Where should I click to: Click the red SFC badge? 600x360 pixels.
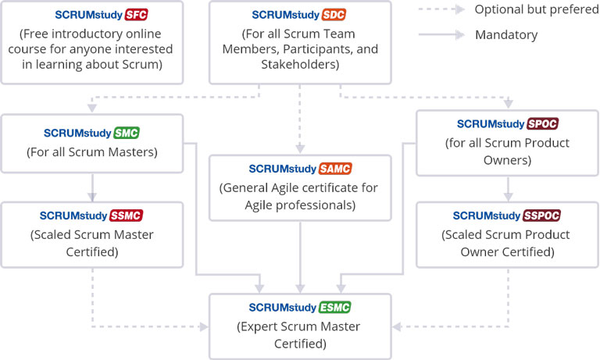tap(137, 15)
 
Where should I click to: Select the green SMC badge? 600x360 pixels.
tap(127, 132)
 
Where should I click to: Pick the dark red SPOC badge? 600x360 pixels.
tap(543, 124)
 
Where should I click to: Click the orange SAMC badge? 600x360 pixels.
tap(336, 169)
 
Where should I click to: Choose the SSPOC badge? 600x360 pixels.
tap(541, 216)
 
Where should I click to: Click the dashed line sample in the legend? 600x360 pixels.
tap(437, 9)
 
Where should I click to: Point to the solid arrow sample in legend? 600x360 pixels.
tap(437, 35)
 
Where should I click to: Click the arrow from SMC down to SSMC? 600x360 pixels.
tap(93, 187)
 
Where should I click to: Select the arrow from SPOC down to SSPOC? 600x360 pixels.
tap(508, 188)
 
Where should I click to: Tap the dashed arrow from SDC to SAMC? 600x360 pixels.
tap(300, 117)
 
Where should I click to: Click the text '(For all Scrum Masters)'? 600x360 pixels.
tap(92, 152)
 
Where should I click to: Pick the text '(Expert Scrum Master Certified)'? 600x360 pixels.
tap(300, 334)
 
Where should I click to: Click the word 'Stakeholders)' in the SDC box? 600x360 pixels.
tap(300, 66)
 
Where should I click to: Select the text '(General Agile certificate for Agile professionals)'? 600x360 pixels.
tap(300, 197)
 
